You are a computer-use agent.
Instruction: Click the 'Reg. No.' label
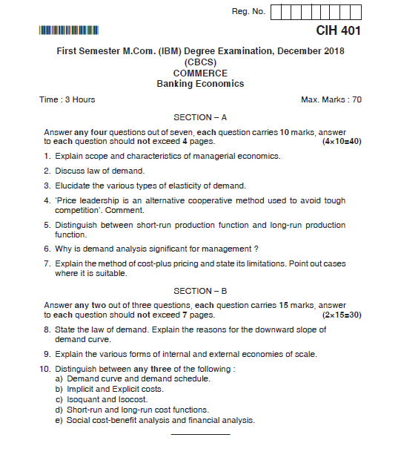pyautogui.click(x=248, y=12)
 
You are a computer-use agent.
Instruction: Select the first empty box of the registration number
pyautogui.click(x=277, y=12)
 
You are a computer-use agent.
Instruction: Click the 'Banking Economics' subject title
pyautogui.click(x=200, y=84)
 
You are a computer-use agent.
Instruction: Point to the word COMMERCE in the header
pyautogui.click(x=200, y=73)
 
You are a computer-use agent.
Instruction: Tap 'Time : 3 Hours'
pyautogui.click(x=67, y=99)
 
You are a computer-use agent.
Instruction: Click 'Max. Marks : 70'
pyautogui.click(x=331, y=99)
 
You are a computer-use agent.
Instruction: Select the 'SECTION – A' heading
pyautogui.click(x=200, y=117)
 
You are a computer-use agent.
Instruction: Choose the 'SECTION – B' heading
pyautogui.click(x=200, y=291)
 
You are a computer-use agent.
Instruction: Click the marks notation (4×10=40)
pyautogui.click(x=341, y=141)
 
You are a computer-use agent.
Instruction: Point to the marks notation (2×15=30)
pyautogui.click(x=341, y=315)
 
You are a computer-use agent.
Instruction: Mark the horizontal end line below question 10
pyautogui.click(x=200, y=433)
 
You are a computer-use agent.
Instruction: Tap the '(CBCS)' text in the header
pyautogui.click(x=200, y=63)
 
